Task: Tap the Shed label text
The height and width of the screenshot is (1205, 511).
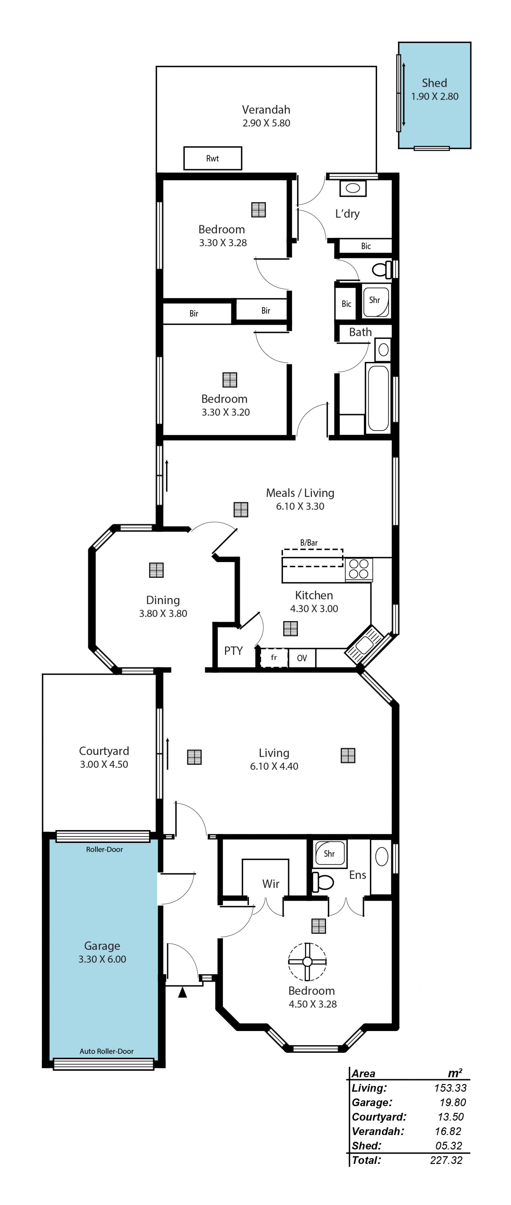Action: (434, 83)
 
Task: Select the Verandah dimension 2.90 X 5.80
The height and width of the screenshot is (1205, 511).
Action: (266, 123)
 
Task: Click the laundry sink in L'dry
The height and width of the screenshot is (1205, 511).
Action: (353, 188)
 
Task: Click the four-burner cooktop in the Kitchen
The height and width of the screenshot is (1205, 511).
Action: (359, 569)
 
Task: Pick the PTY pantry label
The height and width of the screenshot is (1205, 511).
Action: (233, 651)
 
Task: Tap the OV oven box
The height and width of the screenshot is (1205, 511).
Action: (302, 658)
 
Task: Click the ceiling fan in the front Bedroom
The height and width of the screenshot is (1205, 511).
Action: (307, 961)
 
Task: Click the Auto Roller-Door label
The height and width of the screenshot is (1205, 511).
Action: (107, 1051)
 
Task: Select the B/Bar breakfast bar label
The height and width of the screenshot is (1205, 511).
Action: (309, 543)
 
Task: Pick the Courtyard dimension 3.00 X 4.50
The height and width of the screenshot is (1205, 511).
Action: (104, 764)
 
